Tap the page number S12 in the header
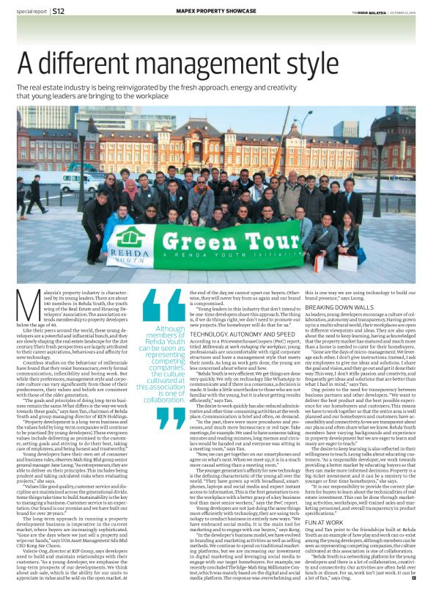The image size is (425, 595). (x=59, y=11)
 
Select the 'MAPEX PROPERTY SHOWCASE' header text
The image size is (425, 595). (x=212, y=11)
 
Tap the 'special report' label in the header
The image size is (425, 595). (x=29, y=11)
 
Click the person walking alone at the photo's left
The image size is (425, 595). (x=33, y=197)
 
